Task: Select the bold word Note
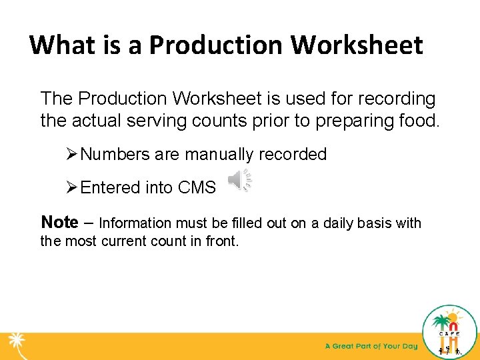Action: (x=59, y=222)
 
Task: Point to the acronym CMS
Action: (x=197, y=188)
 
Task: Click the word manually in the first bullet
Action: (x=219, y=155)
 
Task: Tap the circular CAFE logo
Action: (x=450, y=331)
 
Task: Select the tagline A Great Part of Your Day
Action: (x=371, y=346)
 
